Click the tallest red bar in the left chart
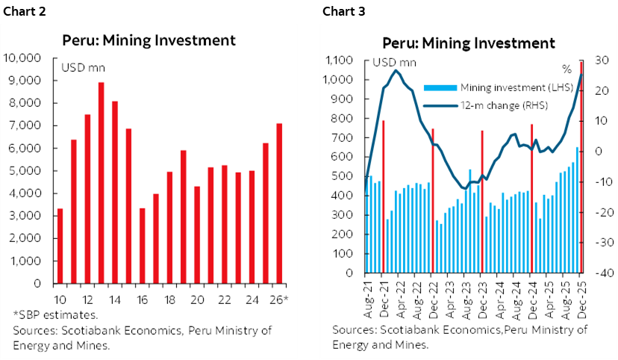[101, 183]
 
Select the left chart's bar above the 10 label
[60, 246]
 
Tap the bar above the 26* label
[279, 203]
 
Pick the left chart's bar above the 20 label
[197, 235]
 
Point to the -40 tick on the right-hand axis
[604, 273]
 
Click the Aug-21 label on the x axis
[368, 298]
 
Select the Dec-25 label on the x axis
[581, 298]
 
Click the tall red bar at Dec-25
[581, 167]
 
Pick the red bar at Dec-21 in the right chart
[383, 196]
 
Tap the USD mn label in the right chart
[394, 62]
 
